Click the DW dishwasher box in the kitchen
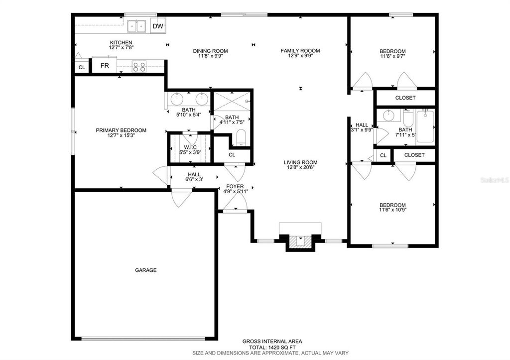tap(158, 26)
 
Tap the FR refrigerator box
tap(105, 66)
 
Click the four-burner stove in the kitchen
tap(139, 67)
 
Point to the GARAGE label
tap(145, 270)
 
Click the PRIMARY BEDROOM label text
tap(121, 130)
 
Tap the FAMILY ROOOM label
tap(300, 51)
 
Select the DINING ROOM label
tap(210, 51)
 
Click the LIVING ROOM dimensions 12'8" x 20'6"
tap(300, 168)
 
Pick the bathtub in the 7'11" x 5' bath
tap(425, 127)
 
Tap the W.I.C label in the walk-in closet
tap(190, 147)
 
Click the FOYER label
tap(235, 186)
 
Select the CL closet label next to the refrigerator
tap(82, 67)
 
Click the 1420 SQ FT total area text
tap(272, 347)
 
